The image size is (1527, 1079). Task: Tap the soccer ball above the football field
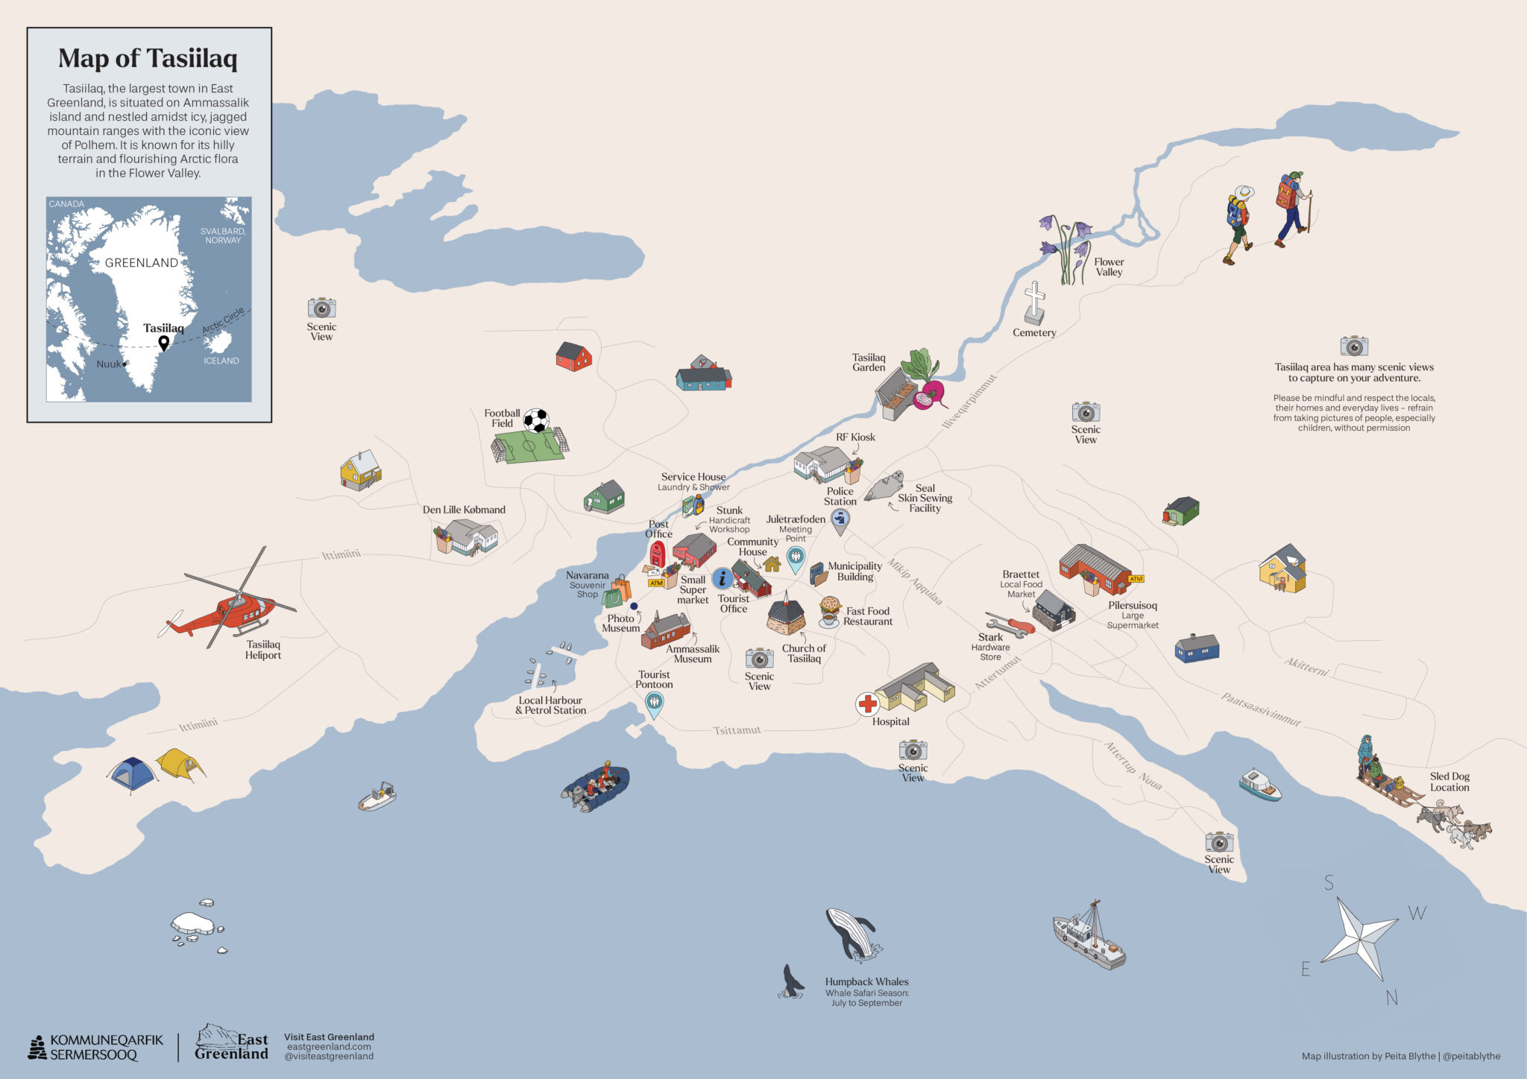[x=535, y=420]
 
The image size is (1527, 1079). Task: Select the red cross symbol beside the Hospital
[x=867, y=703]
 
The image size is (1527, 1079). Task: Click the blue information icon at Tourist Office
[x=722, y=578]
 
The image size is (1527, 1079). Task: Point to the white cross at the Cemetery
[x=1034, y=302]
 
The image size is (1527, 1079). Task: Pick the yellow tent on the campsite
[x=180, y=764]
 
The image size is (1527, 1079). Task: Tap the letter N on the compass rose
[x=1391, y=998]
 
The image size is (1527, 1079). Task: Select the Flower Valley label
[x=1109, y=267]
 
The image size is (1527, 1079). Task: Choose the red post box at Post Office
[x=657, y=554]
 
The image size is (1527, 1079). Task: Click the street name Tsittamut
[x=737, y=730]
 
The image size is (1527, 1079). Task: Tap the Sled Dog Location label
[x=1449, y=782]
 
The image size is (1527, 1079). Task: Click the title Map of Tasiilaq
[x=148, y=58]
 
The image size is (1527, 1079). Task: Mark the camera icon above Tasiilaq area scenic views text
[x=1354, y=346]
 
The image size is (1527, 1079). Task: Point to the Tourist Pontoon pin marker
[x=654, y=703]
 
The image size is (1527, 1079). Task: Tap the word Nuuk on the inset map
[x=108, y=364]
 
